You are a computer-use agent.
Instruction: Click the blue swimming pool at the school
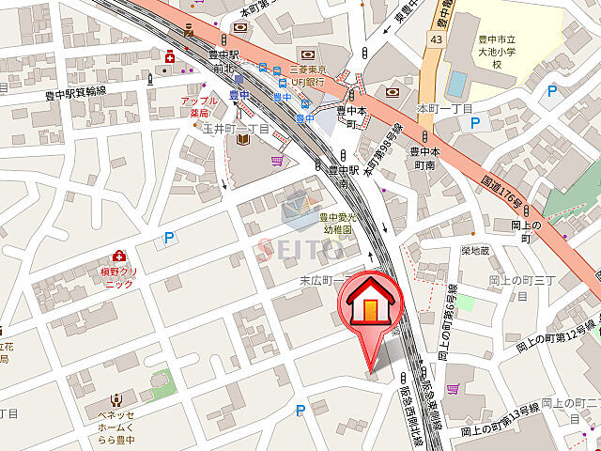(456, 84)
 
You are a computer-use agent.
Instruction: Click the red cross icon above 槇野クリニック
(119, 256)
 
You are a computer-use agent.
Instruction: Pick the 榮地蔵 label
(476, 251)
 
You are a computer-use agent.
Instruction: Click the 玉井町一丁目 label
(237, 129)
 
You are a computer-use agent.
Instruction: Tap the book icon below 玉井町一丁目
(243, 142)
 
